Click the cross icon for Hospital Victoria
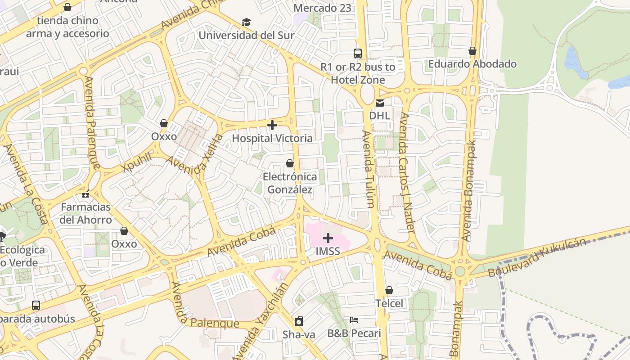[x=272, y=125]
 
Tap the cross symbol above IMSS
[x=328, y=238]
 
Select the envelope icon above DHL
[x=380, y=103]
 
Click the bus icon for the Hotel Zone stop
[x=358, y=54]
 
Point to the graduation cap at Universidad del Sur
[x=246, y=22]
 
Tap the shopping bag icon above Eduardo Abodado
[x=472, y=51]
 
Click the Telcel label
[x=389, y=303]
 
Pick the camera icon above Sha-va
[x=299, y=321]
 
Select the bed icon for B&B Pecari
[x=354, y=320]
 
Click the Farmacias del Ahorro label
[x=85, y=213]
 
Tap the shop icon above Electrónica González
[x=290, y=163]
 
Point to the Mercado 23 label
[x=322, y=8]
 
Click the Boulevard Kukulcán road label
[x=537, y=257]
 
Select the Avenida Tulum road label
[x=369, y=169]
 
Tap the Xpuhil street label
[x=137, y=162]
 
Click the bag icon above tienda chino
[x=67, y=8]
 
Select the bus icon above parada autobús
[x=36, y=306]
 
